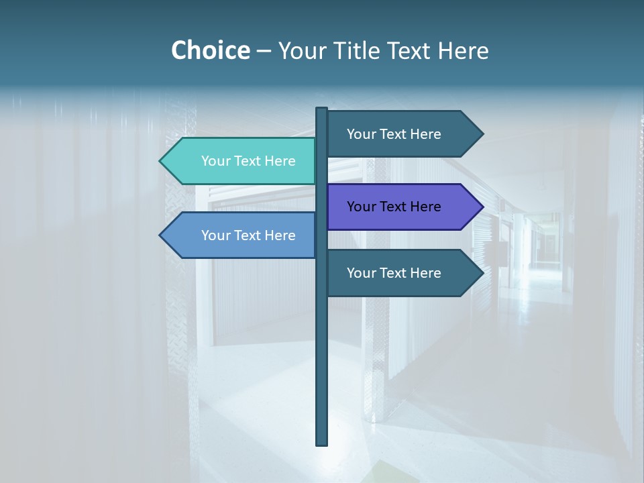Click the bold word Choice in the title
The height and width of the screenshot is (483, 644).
point(210,50)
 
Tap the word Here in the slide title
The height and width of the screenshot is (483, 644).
point(463,50)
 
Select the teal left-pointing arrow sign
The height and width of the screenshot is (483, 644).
point(241,161)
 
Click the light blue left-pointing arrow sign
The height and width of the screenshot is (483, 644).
point(241,235)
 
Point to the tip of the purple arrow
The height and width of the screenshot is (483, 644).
point(482,207)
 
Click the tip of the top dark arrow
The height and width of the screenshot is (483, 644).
point(482,134)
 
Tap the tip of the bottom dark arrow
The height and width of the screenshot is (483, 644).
point(482,273)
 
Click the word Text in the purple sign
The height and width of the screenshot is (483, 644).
point(394,207)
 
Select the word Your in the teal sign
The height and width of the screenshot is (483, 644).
point(216,161)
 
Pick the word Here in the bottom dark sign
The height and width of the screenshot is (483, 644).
point(425,273)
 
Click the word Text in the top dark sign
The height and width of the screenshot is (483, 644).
point(394,134)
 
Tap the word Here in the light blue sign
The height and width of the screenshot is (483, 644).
point(280,235)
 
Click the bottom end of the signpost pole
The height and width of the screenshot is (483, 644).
point(322,443)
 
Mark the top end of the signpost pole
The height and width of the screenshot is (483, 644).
point(322,109)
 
